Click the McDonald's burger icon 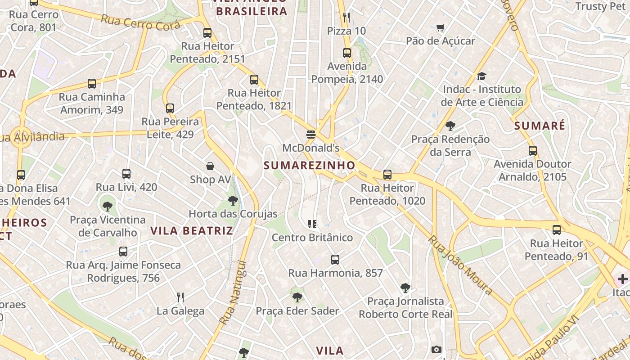tap(310, 135)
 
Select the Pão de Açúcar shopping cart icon tap(441, 28)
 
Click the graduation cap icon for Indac tap(481, 76)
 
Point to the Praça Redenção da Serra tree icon tap(450, 126)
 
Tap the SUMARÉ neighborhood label tap(540, 126)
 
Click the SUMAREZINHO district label tap(310, 165)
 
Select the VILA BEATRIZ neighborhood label tap(192, 231)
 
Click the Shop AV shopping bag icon tap(210, 166)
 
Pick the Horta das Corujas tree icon tap(233, 200)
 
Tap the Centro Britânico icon tap(312, 224)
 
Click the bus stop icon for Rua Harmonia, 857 tap(335, 260)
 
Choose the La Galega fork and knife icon tap(180, 297)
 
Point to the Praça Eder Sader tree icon tap(297, 297)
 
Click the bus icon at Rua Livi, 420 tap(126, 174)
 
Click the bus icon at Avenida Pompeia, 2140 tap(347, 53)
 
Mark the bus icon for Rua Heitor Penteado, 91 tap(557, 230)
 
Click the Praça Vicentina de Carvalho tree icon tap(108, 207)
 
